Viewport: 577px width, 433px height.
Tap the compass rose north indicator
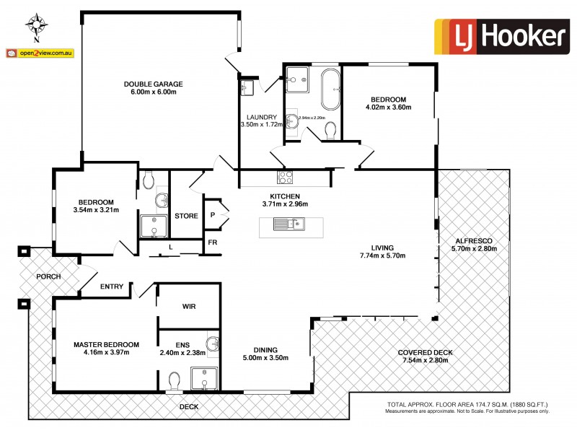coord(37,25)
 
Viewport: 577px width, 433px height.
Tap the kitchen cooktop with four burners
coord(285,177)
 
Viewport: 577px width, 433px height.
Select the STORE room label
coord(186,216)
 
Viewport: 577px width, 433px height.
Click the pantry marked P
coord(213,214)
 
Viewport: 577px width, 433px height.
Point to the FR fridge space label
coord(213,243)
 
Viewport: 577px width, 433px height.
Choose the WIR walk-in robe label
coord(189,306)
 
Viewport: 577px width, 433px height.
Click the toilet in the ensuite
coord(174,379)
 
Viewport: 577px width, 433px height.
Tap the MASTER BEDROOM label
coord(106,344)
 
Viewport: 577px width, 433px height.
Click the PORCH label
coord(48,276)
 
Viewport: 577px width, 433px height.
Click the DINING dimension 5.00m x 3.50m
coord(265,357)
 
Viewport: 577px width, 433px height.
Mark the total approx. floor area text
coord(468,404)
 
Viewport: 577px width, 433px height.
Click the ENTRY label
coord(112,287)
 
